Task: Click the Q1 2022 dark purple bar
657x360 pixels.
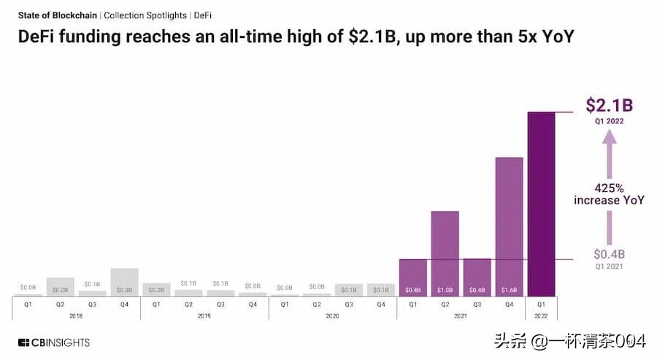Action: click(541, 204)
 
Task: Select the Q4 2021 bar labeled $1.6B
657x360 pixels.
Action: click(509, 226)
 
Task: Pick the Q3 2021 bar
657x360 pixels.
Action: click(477, 277)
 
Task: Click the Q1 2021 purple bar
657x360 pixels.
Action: click(412, 277)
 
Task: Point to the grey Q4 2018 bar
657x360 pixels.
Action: click(124, 282)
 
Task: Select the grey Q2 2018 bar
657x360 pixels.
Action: click(60, 286)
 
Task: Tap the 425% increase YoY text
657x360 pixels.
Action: click(609, 194)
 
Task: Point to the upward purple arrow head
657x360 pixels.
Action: click(609, 146)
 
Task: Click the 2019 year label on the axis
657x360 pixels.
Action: click(204, 315)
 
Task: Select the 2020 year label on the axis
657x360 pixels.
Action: click(333, 315)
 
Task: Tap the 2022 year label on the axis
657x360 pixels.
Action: click(541, 315)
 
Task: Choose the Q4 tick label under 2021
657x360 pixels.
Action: click(509, 304)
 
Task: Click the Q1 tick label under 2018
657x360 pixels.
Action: click(28, 304)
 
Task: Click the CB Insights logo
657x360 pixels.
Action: click(54, 342)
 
